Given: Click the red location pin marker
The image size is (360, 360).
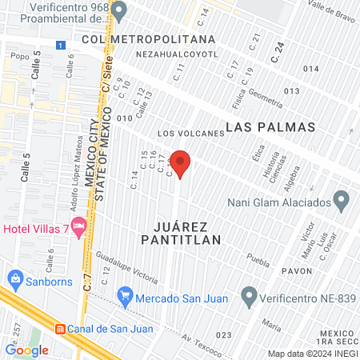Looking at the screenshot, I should point(181,162).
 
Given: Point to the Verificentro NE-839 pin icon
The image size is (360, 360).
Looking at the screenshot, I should point(249,298).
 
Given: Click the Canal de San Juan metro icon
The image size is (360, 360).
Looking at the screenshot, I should point(60,329).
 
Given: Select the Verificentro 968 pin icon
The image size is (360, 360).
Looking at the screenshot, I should point(119,11).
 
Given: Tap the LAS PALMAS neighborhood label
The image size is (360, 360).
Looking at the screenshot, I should point(270,127).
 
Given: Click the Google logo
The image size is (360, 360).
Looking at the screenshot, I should point(26,350).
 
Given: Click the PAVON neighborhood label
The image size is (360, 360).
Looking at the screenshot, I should point(295,271).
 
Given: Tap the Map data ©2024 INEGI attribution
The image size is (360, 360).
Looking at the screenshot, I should point(313,354).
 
